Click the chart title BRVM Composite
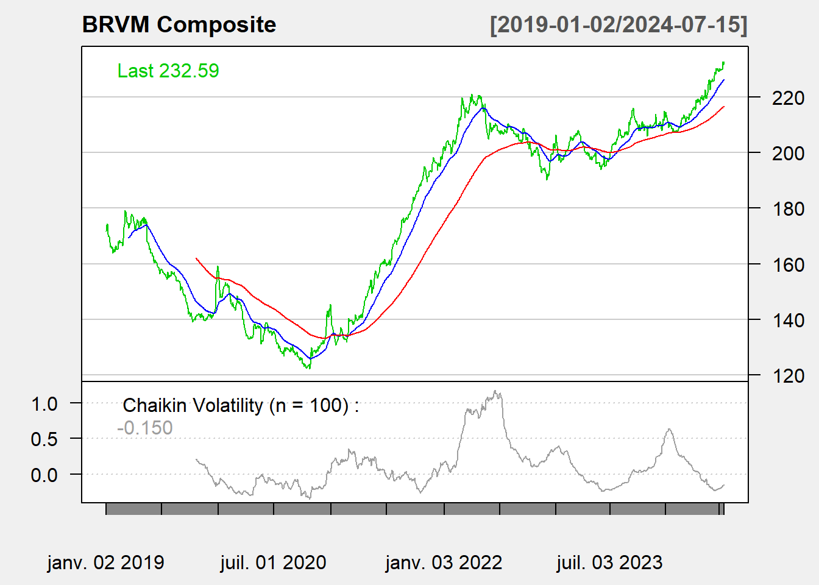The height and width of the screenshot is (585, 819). (x=179, y=25)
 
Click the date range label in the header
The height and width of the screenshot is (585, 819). (x=619, y=25)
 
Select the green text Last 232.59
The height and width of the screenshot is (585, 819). (x=168, y=71)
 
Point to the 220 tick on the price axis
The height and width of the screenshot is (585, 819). (x=788, y=97)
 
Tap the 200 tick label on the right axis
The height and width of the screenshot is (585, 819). (x=788, y=153)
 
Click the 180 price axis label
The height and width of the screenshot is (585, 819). (x=788, y=209)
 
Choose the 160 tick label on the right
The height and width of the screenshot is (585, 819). (x=788, y=264)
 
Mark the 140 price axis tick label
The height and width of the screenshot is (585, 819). (x=788, y=320)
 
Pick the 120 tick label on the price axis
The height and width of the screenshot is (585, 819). (x=788, y=376)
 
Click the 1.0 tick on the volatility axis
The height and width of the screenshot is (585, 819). (x=44, y=403)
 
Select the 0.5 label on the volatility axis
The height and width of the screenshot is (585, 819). (x=44, y=439)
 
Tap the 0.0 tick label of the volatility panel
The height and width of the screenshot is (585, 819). (x=44, y=475)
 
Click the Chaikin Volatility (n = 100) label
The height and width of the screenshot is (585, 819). (x=241, y=405)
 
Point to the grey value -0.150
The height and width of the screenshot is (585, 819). (x=145, y=428)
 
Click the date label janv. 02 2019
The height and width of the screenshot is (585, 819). (x=105, y=562)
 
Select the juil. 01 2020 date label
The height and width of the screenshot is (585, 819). (x=273, y=562)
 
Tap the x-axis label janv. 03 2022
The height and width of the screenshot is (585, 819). (x=444, y=562)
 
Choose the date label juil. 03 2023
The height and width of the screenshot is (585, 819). (x=609, y=562)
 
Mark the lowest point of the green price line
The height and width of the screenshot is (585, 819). (x=308, y=368)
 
